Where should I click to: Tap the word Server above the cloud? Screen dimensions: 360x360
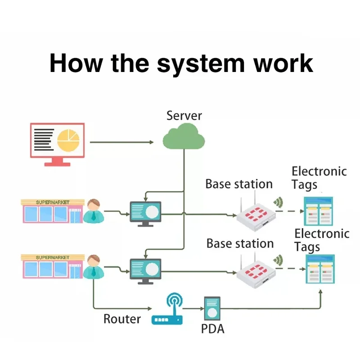tap(184, 115)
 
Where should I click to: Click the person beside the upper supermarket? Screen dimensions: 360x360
tap(94, 211)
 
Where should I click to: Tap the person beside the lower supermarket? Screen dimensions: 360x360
tap(94, 266)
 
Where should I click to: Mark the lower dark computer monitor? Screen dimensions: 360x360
tap(145, 270)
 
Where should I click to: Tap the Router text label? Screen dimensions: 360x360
tap(122, 319)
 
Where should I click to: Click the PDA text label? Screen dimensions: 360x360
tap(212, 329)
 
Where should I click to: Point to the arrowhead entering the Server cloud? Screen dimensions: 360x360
tap(151, 142)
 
